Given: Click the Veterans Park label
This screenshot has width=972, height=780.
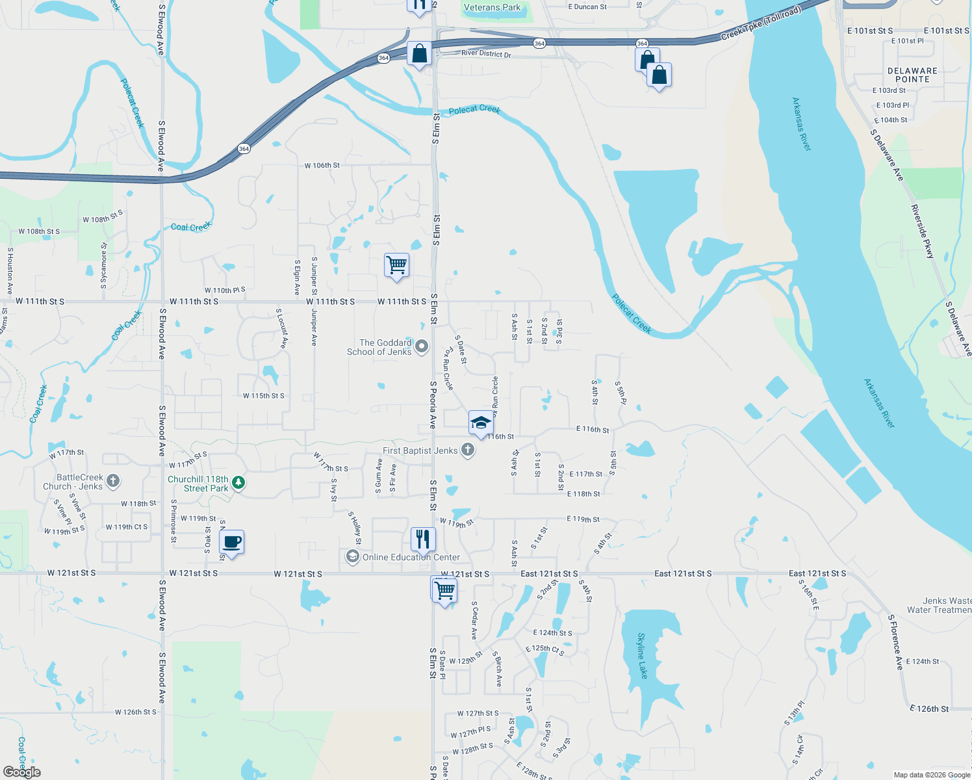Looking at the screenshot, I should [x=492, y=8].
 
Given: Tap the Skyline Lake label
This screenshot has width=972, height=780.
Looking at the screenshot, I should [x=642, y=655].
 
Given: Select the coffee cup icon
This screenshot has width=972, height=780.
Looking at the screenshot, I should [x=232, y=541].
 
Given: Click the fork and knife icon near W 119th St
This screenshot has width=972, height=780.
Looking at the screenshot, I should [x=422, y=539].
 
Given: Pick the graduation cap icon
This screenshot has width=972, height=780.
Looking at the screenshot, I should [x=480, y=422].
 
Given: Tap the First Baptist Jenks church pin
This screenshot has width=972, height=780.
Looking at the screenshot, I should [x=467, y=450].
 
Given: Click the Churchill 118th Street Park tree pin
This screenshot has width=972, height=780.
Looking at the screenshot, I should [x=239, y=482].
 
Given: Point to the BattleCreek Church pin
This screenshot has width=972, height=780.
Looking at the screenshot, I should [x=113, y=481].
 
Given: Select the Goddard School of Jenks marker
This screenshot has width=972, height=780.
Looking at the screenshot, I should [x=422, y=346].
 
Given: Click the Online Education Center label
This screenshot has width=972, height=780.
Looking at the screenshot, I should [x=411, y=557].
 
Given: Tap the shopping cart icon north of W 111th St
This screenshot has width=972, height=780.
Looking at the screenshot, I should [x=396, y=265].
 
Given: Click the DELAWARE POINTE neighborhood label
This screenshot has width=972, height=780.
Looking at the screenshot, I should [x=912, y=75].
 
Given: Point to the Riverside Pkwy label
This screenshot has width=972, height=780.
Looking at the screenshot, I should [x=923, y=231].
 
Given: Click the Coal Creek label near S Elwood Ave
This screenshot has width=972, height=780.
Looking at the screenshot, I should [x=190, y=227].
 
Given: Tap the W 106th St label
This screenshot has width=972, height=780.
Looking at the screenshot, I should [x=322, y=166].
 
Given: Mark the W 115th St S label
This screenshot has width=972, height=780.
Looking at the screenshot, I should [x=263, y=396].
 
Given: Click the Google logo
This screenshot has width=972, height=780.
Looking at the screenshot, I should [x=22, y=772].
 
